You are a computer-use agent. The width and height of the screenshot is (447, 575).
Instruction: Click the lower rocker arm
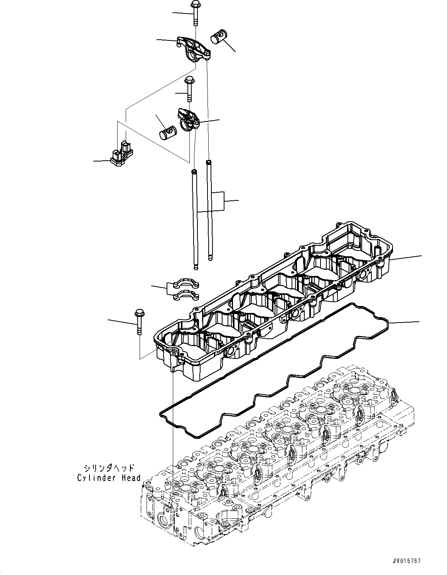coord(187,118)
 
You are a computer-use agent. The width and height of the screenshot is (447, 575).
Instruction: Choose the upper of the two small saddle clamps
coord(186,284)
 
